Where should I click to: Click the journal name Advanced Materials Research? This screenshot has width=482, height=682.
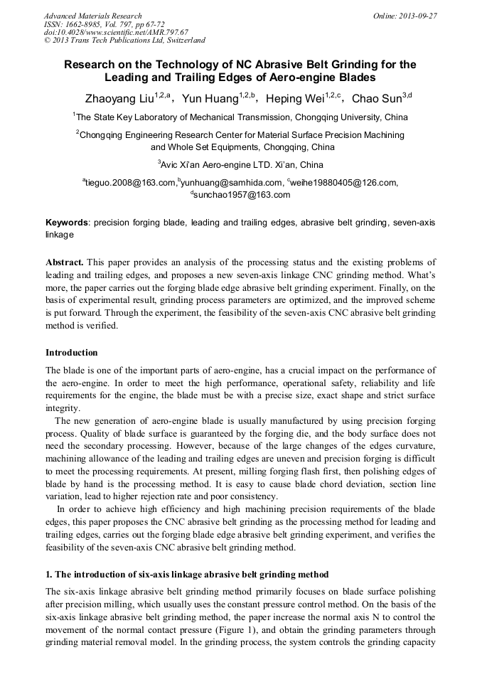click(x=92, y=16)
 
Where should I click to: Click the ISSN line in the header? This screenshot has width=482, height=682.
click(x=104, y=24)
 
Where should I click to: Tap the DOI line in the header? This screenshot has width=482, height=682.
click(x=116, y=32)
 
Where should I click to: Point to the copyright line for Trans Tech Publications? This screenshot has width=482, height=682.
click(x=124, y=41)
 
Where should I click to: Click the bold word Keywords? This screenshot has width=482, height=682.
click(x=67, y=223)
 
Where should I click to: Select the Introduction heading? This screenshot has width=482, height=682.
click(x=72, y=353)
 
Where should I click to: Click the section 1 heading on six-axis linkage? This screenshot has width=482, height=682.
click(x=187, y=574)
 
